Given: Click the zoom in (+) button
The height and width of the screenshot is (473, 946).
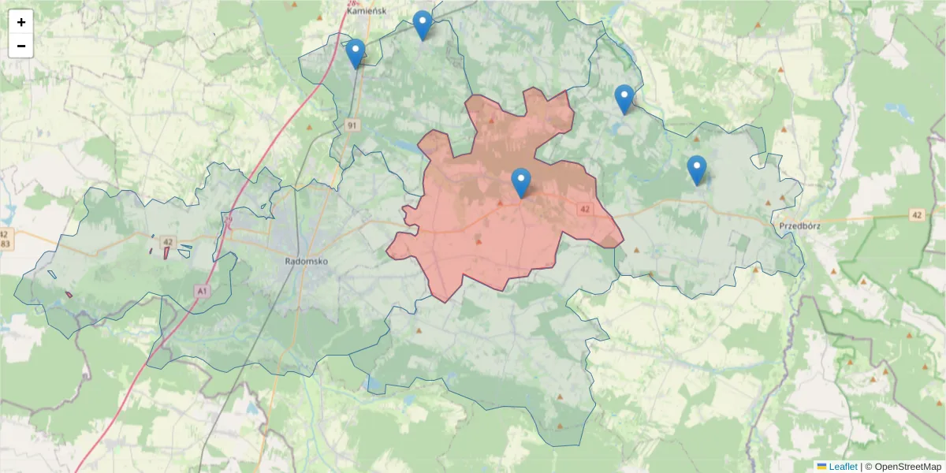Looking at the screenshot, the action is pyautogui.click(x=21, y=22).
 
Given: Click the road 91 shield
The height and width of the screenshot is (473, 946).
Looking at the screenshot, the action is pyautogui.click(x=352, y=125).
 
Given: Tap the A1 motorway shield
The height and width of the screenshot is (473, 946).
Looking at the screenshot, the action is pyautogui.click(x=203, y=292).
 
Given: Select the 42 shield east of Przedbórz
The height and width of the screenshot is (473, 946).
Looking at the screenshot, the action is pyautogui.click(x=915, y=214).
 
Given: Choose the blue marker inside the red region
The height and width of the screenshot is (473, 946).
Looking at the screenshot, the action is pyautogui.click(x=521, y=183).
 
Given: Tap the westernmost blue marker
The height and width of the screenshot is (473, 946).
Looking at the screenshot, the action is pyautogui.click(x=356, y=54).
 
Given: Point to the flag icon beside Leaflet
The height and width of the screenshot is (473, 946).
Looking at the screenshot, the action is pyautogui.click(x=821, y=467).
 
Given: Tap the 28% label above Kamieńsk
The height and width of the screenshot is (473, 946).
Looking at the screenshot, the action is pyautogui.click(x=354, y=2).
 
